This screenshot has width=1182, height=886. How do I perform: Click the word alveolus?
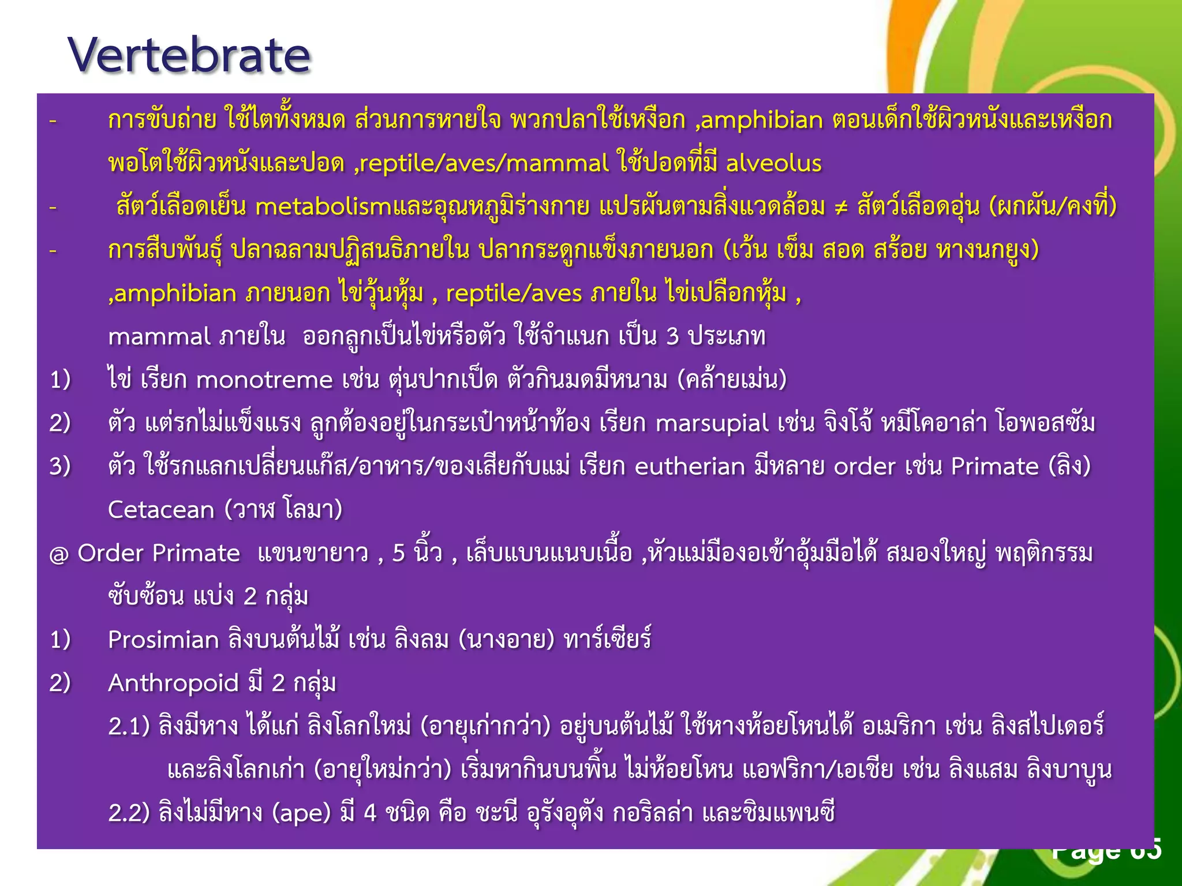click(x=773, y=164)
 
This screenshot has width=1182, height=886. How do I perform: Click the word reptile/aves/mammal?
click(x=485, y=164)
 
